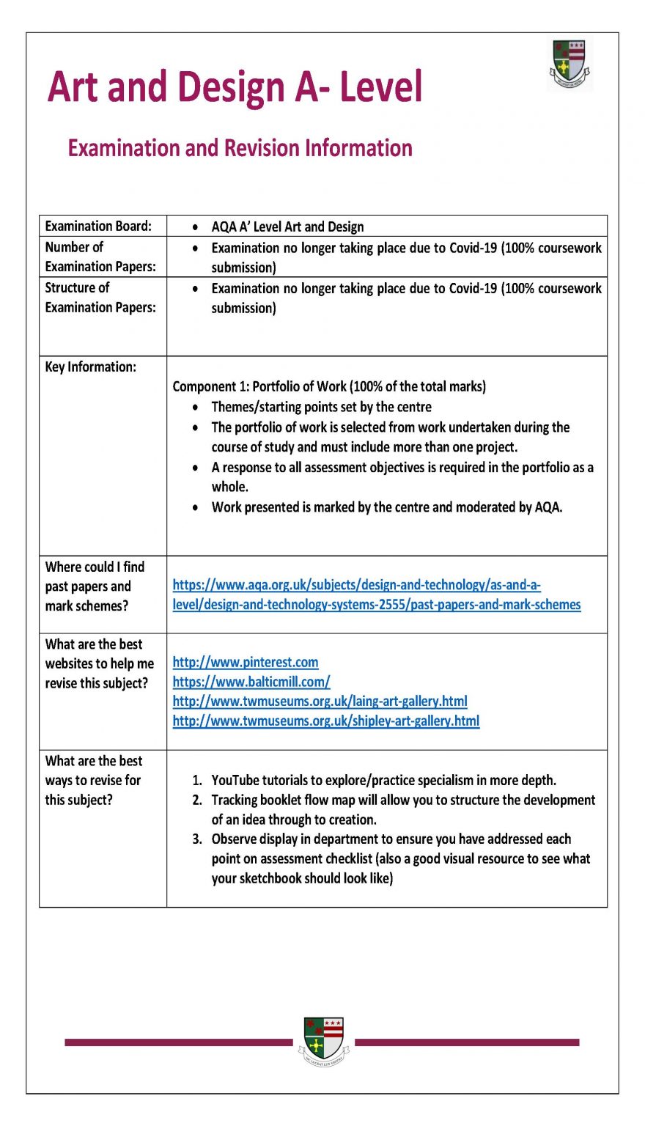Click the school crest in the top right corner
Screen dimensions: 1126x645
pyautogui.click(x=570, y=64)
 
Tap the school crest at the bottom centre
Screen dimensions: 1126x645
pyautogui.click(x=324, y=1041)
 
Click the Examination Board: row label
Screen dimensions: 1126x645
pyautogui.click(x=98, y=226)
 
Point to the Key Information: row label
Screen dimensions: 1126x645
pyautogui.click(x=90, y=367)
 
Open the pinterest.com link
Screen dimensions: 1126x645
pyautogui.click(x=246, y=662)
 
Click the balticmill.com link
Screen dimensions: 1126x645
pyautogui.click(x=251, y=682)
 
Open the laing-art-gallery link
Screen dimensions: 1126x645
pyautogui.click(x=320, y=702)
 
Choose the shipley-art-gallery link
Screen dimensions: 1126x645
pyautogui.click(x=326, y=721)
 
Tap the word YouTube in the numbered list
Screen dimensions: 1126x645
pyautogui.click(x=237, y=780)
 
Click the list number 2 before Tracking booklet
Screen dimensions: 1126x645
pyautogui.click(x=197, y=800)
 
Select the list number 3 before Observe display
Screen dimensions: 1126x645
pyautogui.click(x=197, y=839)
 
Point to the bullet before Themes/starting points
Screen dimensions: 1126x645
pyautogui.click(x=195, y=407)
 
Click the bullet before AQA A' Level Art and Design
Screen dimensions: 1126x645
pyautogui.click(x=195, y=227)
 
